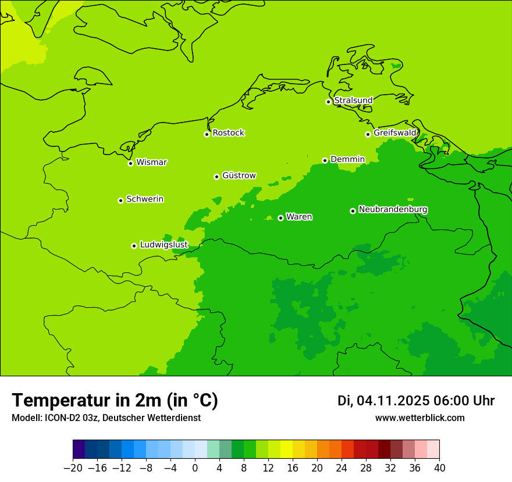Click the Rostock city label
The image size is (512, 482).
click(x=228, y=133)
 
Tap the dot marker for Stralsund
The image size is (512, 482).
click(x=328, y=102)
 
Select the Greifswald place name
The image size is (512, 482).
click(x=394, y=133)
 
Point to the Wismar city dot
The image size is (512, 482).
click(x=131, y=163)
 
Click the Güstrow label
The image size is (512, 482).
click(x=239, y=175)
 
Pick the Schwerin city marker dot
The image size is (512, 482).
click(x=120, y=200)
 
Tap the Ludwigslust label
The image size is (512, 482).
click(x=163, y=245)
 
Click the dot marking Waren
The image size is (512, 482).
click(x=280, y=218)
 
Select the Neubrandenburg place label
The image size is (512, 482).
click(x=393, y=210)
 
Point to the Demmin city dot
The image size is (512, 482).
click(x=325, y=160)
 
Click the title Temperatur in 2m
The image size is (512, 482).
click(x=115, y=400)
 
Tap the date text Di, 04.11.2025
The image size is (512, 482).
click(x=383, y=401)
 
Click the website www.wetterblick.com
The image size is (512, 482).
click(x=419, y=418)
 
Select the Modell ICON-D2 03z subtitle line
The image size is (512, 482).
click(x=106, y=418)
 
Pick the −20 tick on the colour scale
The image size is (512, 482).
click(x=73, y=467)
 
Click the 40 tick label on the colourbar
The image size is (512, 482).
click(x=439, y=467)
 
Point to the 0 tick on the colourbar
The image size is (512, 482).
click(x=195, y=467)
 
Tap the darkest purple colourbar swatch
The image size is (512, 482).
click(x=79, y=449)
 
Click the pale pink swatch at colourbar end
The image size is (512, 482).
click(x=433, y=449)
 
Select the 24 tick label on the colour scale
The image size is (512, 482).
click(x=342, y=467)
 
